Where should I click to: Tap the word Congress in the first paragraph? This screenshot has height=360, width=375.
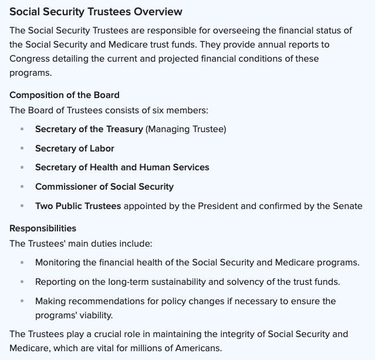[x=29, y=59]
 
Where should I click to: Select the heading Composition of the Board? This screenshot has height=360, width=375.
[x=65, y=95]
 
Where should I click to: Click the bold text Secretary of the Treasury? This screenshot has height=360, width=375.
[x=89, y=129]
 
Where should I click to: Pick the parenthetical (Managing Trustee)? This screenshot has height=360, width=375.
[x=186, y=129]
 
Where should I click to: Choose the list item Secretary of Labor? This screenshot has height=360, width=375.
[x=75, y=149]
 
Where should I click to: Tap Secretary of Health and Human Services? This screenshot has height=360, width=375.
[x=122, y=167]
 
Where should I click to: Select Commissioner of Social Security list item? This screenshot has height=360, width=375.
[x=104, y=187]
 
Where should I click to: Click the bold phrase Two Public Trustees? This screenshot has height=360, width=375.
[x=78, y=206]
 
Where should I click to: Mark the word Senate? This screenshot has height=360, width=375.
[x=347, y=206]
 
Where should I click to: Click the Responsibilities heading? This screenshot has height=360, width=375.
[x=43, y=228]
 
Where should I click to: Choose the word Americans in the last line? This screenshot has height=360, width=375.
[x=200, y=348]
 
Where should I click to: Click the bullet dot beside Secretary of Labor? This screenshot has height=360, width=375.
[x=22, y=149]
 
